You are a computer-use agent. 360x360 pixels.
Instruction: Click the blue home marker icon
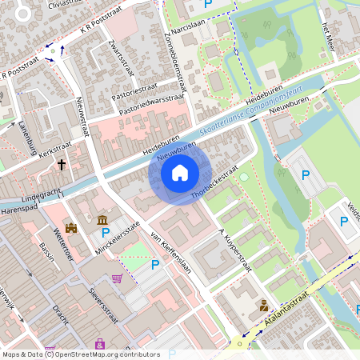pos(180,172)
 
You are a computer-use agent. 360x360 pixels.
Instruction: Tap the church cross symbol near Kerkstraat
pos(62,165)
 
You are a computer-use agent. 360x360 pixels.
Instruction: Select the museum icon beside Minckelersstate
pos(102,220)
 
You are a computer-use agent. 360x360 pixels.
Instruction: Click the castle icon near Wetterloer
pos(72,229)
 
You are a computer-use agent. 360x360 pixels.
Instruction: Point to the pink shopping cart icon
pos(118,278)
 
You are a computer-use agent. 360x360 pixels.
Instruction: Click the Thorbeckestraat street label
pos(214,183)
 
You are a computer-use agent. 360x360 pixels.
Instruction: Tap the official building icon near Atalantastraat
pos(262,305)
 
